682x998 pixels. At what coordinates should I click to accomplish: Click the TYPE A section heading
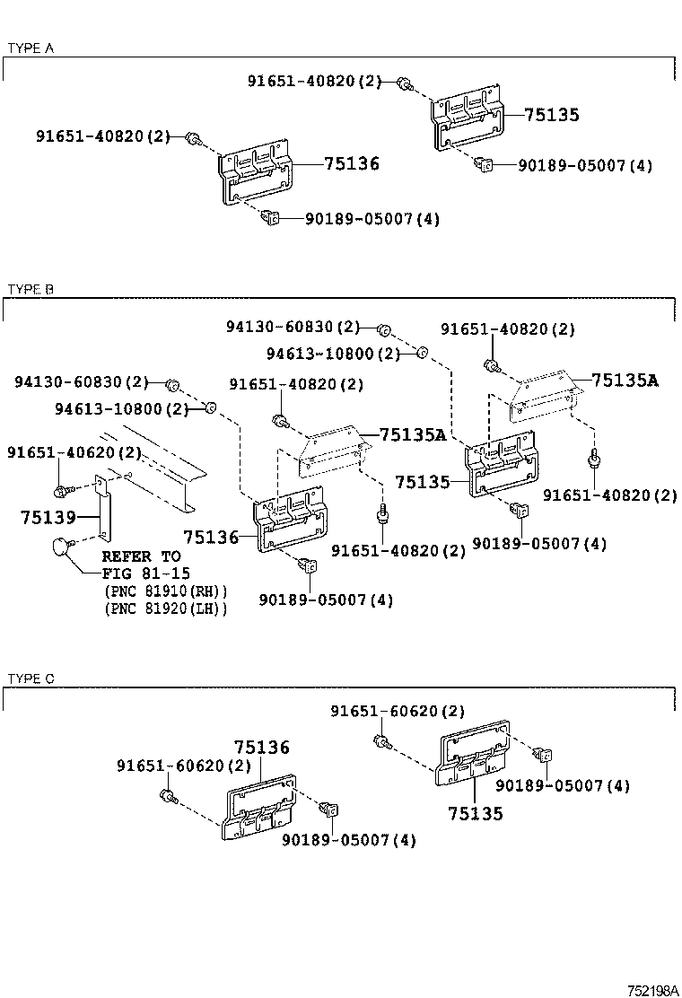[31, 48]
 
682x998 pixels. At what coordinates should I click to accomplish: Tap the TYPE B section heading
[31, 290]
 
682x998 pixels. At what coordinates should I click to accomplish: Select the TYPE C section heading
[31, 678]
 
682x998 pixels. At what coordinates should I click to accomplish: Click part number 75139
[48, 517]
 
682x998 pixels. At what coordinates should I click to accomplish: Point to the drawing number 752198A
[652, 990]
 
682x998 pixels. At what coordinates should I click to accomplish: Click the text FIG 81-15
[146, 573]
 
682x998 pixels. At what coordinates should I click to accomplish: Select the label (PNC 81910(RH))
[165, 591]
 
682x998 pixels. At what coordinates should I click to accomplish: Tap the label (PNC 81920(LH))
[165, 608]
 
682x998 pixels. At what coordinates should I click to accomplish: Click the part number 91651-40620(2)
[74, 452]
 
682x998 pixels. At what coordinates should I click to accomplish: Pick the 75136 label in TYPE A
[352, 163]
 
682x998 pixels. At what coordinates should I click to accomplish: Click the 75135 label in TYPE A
[552, 115]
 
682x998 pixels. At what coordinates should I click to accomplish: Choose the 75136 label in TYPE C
[261, 747]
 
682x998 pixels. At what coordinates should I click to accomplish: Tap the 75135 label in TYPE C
[476, 813]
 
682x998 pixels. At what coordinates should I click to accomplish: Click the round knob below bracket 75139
[61, 547]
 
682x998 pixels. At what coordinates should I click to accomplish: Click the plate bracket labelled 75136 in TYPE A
[255, 171]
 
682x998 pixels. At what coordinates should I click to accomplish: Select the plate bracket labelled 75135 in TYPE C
[472, 754]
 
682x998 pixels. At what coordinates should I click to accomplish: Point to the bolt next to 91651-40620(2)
[62, 491]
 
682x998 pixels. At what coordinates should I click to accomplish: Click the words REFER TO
[141, 556]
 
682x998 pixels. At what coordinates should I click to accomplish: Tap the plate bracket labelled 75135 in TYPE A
[468, 118]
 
